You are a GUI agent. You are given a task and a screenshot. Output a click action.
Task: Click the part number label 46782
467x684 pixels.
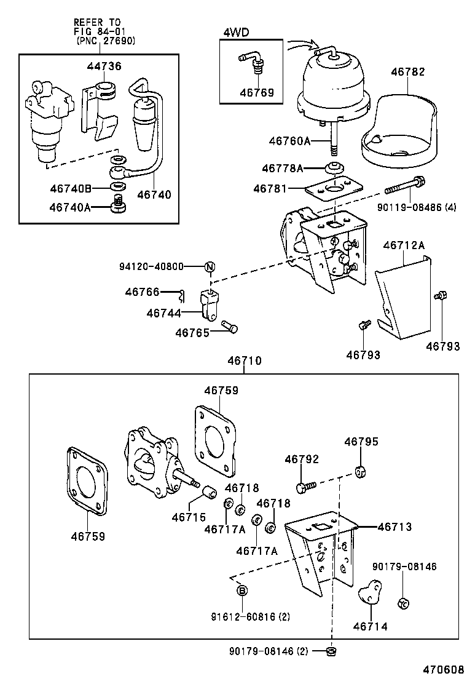point(407,72)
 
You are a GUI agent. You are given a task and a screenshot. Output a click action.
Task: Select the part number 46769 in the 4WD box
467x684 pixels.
point(257,93)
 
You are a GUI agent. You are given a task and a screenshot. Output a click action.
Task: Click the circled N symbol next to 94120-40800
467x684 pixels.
point(210,266)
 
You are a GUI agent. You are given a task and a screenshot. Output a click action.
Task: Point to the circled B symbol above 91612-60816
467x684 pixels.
point(242,591)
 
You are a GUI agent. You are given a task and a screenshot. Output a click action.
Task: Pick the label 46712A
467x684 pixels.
point(404,245)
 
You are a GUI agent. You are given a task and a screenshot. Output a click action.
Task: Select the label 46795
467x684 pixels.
point(361,442)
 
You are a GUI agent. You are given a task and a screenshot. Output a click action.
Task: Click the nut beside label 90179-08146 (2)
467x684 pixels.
point(331,650)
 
